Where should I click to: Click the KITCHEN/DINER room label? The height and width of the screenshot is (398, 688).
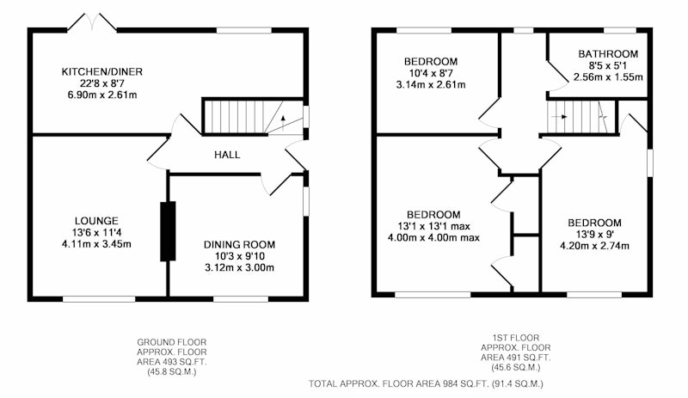pyautogui.click(x=101, y=71)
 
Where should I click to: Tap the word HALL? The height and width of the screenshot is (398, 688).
pyautogui.click(x=227, y=155)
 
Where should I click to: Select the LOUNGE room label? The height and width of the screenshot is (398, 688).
pyautogui.click(x=96, y=221)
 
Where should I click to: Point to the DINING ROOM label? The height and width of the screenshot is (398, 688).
pyautogui.click(x=239, y=244)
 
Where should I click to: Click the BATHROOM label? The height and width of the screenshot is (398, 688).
pyautogui.click(x=608, y=54)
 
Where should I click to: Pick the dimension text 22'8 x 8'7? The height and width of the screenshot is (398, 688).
pyautogui.click(x=101, y=83)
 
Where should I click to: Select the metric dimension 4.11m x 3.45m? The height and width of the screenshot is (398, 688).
pyautogui.click(x=96, y=244)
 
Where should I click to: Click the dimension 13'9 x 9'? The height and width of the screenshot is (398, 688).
pyautogui.click(x=593, y=234)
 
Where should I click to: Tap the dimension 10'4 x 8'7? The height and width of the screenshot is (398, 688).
pyautogui.click(x=431, y=73)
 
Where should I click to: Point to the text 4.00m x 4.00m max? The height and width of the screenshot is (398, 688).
pyautogui.click(x=433, y=238)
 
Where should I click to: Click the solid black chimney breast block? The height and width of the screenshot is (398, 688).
pyautogui.click(x=168, y=231)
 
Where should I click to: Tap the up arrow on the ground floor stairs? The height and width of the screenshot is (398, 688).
pyautogui.click(x=283, y=123)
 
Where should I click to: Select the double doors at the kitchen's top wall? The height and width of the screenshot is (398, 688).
pyautogui.click(x=92, y=22)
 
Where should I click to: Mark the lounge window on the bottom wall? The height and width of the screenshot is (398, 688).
pyautogui.click(x=99, y=299)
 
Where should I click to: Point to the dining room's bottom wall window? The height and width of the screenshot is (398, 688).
pyautogui.click(x=241, y=299)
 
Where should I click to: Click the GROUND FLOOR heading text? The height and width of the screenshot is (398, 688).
pyautogui.click(x=171, y=342)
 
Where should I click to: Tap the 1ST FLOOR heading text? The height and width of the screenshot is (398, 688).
pyautogui.click(x=515, y=338)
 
